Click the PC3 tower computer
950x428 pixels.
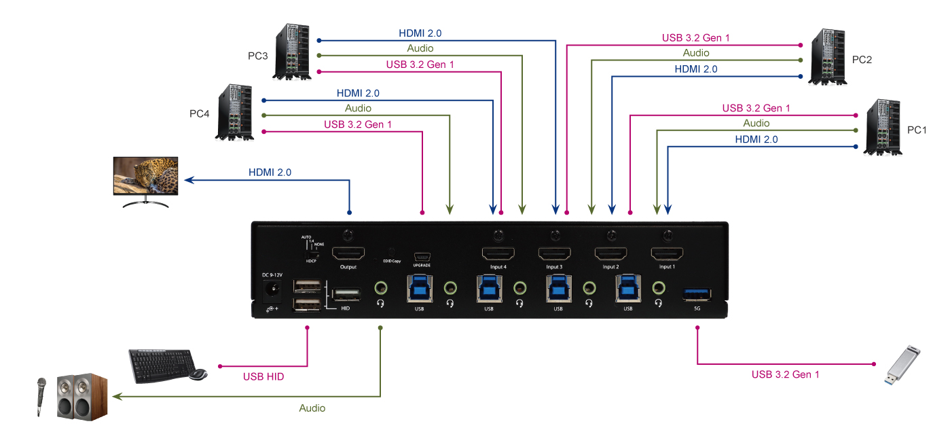coord(294,51)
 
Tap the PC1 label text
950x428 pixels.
coord(917,130)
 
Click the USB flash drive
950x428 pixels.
coord(906,365)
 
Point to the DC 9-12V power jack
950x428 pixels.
coord(274,291)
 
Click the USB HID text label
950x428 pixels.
coord(263,376)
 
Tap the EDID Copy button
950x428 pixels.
coord(390,252)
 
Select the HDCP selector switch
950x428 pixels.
coord(312,253)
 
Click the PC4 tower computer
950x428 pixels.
coord(235,113)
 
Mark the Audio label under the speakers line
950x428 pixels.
coord(312,408)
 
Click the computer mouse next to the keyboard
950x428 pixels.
coord(198,374)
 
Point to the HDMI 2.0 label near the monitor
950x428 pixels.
coord(270,173)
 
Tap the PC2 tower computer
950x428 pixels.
coord(826,57)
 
